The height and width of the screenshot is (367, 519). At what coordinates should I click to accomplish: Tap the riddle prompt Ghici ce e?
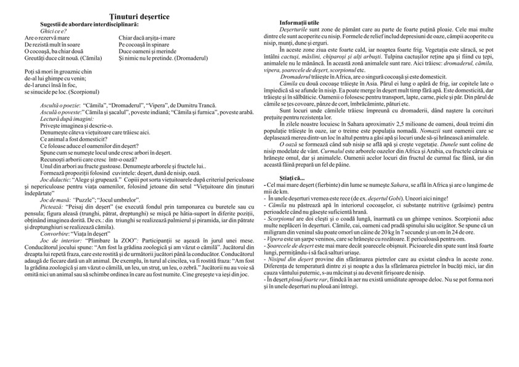click(53, 31)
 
